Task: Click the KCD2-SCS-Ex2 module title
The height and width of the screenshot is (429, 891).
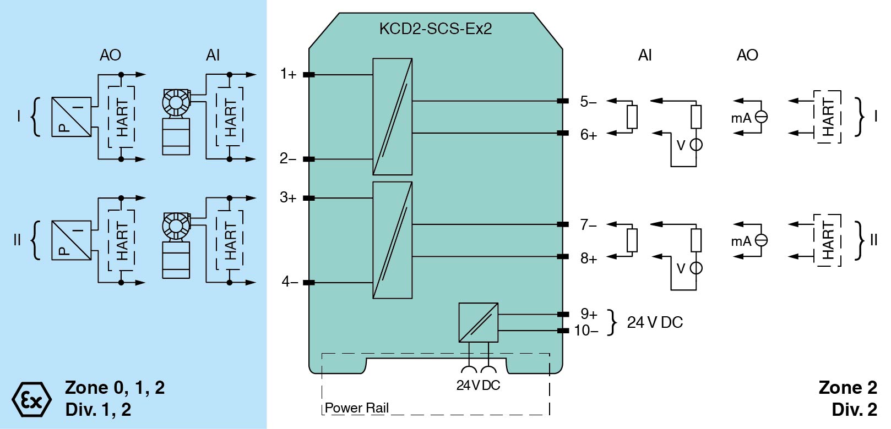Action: coord(435,29)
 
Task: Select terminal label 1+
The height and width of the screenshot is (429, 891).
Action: coord(288,74)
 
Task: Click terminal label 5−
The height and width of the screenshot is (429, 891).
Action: coord(588,101)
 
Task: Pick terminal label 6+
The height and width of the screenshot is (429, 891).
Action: coord(588,134)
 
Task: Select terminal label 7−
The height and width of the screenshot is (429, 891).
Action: coord(588,224)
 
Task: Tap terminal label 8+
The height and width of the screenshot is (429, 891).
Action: coord(588,258)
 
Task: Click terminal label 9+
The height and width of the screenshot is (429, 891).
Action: coord(589,314)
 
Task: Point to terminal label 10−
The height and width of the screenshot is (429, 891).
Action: coord(586,331)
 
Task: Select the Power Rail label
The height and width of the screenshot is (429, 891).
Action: coord(357,408)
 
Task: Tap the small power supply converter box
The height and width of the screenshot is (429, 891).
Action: coord(478,322)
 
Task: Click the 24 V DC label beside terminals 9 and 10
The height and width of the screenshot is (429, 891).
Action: coord(655,322)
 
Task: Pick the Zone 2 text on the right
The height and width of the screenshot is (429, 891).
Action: coord(847,388)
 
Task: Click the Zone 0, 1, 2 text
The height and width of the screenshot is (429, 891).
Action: coord(115,388)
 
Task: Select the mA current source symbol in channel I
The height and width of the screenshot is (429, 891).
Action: coord(761,117)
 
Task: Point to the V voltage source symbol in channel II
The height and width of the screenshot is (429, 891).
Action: coord(696,268)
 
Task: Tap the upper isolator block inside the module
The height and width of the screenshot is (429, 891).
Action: coord(392,117)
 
